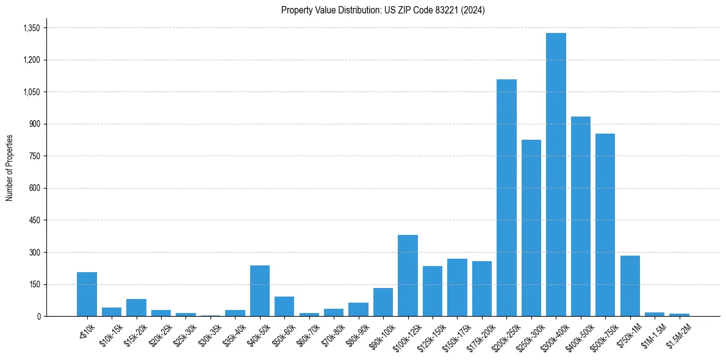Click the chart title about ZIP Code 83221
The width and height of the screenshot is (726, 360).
[383, 10]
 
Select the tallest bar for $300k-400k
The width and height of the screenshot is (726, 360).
[556, 175]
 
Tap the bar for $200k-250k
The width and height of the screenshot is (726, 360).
[506, 198]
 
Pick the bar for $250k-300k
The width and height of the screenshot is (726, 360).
[531, 228]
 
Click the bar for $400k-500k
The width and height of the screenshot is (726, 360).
[580, 216]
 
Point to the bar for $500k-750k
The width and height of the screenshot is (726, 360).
[605, 225]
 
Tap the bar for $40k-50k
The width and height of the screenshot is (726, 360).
[260, 291]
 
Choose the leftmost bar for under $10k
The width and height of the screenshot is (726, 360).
[87, 294]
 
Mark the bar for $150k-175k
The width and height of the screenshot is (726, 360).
[457, 287]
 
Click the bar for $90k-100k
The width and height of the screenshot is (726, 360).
[383, 302]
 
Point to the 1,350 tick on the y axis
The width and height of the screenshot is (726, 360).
[31, 28]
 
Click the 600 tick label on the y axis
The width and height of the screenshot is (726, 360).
[34, 189]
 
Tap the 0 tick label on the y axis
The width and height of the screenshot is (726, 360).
[38, 317]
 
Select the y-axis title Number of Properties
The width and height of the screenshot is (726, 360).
[10, 168]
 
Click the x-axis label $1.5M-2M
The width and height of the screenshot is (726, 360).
[678, 335]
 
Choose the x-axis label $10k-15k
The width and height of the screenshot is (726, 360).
[110, 335]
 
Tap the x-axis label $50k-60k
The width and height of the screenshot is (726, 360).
[283, 335]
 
